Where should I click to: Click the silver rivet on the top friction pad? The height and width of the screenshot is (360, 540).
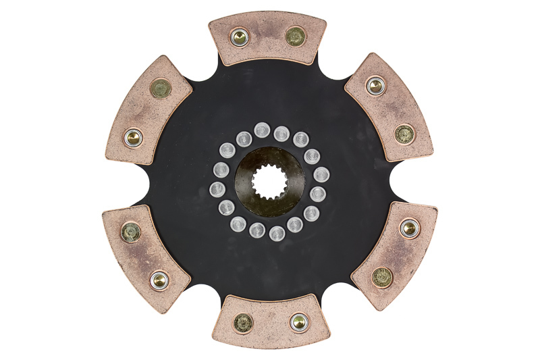[240, 37]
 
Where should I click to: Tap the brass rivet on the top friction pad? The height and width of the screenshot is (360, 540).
[295, 36]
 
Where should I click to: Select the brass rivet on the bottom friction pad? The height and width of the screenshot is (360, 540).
[243, 323]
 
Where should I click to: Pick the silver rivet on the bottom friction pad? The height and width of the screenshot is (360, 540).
[298, 322]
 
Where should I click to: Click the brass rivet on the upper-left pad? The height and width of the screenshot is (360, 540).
[161, 88]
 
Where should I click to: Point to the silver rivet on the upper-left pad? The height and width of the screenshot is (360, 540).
[134, 138]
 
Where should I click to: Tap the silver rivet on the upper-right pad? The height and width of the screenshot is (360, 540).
[375, 86]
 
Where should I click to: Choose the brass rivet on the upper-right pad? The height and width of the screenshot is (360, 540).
[404, 133]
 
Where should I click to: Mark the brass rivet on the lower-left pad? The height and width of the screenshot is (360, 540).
[130, 232]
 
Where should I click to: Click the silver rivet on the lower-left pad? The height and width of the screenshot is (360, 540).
[159, 278]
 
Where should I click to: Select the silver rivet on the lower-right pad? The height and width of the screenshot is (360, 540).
[409, 228]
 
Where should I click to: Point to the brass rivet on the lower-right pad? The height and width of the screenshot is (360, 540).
[382, 276]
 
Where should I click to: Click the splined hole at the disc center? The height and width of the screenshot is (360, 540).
[269, 180]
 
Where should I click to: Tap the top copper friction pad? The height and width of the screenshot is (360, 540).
[267, 38]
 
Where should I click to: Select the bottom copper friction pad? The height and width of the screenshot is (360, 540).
[270, 322]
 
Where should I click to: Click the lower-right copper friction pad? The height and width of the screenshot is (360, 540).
[396, 251]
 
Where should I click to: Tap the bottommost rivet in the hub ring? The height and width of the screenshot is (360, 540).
[277, 234]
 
